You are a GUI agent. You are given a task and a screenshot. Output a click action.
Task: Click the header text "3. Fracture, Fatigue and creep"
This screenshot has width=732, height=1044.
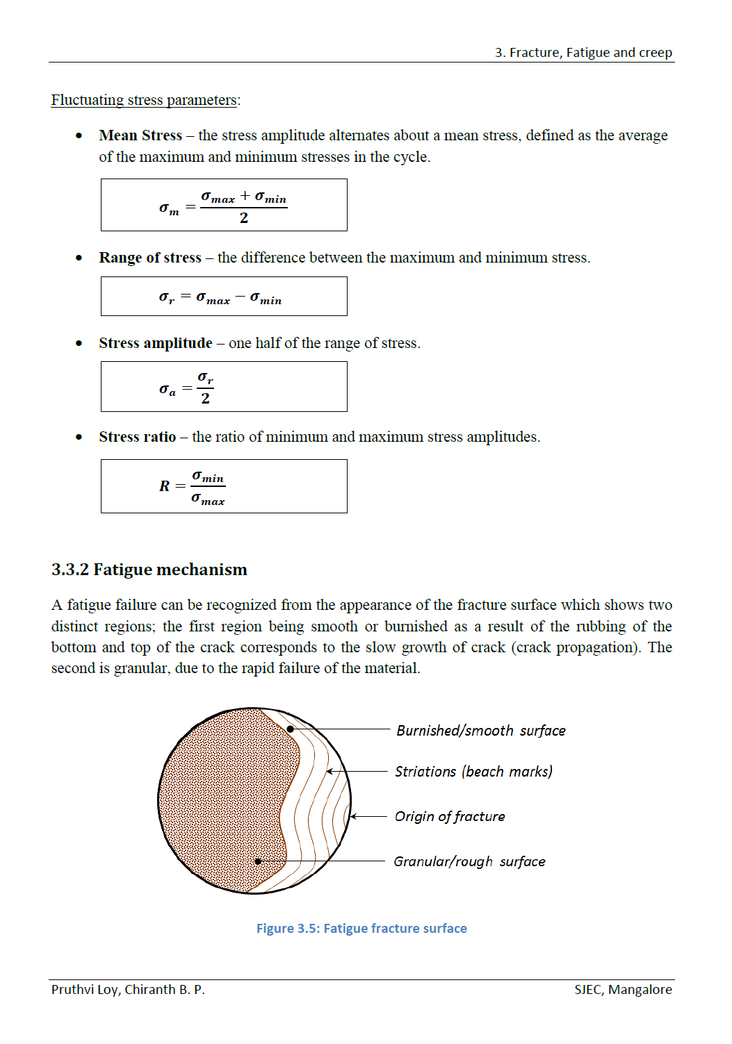pos(583,53)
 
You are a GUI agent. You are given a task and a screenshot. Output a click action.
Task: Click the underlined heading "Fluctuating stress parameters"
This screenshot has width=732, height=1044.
pos(144,100)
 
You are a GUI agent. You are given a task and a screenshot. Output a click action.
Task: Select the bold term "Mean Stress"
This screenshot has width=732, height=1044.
pos(140,135)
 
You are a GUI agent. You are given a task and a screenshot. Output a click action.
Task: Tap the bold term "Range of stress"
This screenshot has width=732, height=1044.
pos(150,258)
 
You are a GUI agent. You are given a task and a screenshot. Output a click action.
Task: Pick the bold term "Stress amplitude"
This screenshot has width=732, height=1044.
pos(156,343)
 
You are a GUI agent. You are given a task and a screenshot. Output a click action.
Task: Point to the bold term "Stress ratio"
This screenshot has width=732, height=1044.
pos(138,437)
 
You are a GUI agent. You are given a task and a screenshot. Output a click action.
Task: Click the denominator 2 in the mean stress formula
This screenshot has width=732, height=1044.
pos(244,218)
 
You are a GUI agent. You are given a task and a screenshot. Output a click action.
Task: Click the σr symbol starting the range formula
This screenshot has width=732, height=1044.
pos(167,297)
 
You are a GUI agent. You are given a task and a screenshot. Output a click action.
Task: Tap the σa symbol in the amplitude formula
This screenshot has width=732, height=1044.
pos(168,390)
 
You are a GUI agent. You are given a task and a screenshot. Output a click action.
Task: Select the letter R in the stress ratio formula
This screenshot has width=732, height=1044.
pos(165,486)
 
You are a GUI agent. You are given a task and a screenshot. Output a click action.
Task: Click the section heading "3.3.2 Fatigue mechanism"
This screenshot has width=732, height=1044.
pos(149,570)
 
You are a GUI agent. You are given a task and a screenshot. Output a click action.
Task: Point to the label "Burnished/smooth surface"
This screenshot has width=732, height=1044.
pos(481,731)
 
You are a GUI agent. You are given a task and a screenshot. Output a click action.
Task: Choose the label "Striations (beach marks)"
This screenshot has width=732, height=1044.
pos(473,772)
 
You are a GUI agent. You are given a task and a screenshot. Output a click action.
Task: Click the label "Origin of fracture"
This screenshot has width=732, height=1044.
pos(450,817)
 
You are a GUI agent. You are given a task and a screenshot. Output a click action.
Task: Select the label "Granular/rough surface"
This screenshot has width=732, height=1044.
pos(469,862)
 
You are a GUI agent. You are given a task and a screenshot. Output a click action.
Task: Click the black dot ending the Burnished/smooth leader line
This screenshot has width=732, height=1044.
pos(291,729)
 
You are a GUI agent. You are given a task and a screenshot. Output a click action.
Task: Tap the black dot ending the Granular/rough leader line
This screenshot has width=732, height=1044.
pos(258,861)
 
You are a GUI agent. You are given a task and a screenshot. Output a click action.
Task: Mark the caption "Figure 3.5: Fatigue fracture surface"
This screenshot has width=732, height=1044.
pos(361,929)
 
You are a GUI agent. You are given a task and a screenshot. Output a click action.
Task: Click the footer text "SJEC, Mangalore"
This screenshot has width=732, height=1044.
pos(623,990)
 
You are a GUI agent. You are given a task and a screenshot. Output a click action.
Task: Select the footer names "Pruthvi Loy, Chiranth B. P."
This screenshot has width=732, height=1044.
pos(128,990)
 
